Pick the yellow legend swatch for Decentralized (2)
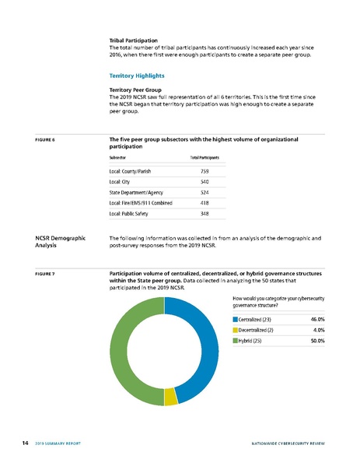235,330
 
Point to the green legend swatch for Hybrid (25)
235,341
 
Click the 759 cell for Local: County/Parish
205,170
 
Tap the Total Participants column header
204,157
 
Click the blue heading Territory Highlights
137,76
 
